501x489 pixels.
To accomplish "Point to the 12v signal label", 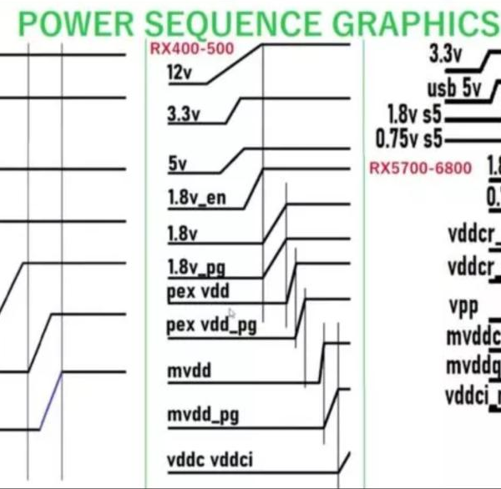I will click(180, 73).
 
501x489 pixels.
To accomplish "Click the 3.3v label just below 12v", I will click(184, 115).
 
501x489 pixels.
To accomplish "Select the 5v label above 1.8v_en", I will click(177, 164).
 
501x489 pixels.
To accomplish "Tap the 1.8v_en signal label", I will click(196, 199).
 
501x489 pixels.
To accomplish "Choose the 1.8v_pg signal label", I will click(196, 269).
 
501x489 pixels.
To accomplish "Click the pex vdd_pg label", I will click(210, 325).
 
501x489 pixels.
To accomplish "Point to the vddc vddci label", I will click(210, 460).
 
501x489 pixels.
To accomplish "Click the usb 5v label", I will click(453, 88).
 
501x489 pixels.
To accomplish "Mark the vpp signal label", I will click(463, 306).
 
